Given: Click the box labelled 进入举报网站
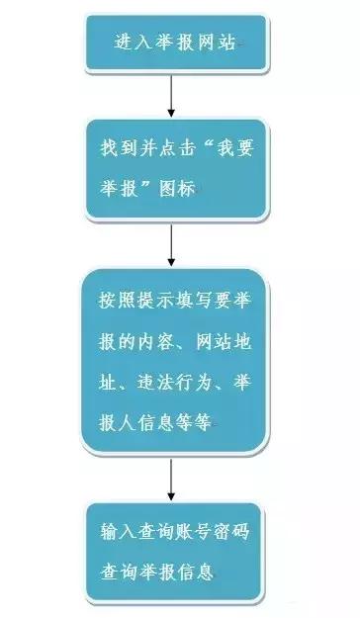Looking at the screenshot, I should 176,44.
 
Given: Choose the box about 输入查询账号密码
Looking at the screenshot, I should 176,553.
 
